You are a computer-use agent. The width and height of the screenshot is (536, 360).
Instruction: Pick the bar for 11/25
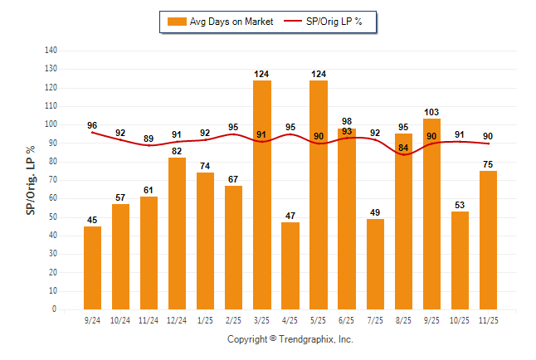489,240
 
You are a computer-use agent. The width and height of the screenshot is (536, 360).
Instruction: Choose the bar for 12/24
178,233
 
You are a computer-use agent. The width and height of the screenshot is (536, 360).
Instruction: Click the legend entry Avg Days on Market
219,22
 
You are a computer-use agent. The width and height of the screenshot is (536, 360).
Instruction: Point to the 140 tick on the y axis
51,51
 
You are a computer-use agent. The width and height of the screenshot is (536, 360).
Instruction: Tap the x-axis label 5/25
319,319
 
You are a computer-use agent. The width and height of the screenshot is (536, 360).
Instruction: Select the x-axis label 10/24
120,319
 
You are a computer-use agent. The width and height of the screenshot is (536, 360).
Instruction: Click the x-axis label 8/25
404,319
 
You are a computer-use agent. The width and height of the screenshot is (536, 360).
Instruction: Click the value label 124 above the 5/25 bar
319,75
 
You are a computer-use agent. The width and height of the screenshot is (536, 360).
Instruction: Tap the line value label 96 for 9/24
92,126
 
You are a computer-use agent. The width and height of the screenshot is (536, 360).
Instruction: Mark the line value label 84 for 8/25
404,148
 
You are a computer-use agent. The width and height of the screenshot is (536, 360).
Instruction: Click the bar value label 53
460,205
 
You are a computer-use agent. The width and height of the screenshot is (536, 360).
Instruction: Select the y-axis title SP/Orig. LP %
31,180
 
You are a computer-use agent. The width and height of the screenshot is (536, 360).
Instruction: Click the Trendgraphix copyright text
290,339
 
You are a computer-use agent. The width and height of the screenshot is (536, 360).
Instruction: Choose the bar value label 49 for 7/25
375,212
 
